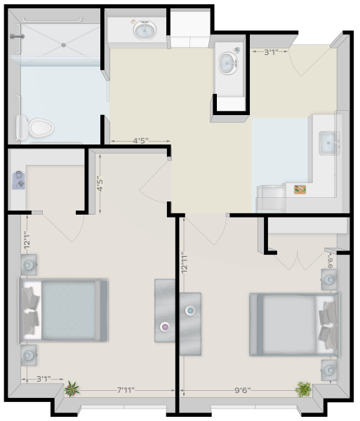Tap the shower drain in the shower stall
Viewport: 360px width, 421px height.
click(63, 45)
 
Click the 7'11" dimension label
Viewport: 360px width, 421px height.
click(126, 389)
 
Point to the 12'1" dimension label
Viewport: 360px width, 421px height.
click(27, 240)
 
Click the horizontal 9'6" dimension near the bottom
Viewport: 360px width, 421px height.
click(243, 390)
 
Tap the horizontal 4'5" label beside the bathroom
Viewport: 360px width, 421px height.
click(140, 140)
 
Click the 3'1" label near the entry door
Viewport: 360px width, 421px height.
click(271, 51)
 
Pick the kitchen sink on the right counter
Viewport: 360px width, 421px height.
click(329, 143)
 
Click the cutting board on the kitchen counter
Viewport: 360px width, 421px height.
click(300, 189)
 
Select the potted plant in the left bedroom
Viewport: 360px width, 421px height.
click(72, 389)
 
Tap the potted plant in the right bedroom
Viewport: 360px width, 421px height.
click(303, 389)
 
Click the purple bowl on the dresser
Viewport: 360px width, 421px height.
click(165, 327)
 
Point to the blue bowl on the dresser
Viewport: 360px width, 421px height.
click(190, 311)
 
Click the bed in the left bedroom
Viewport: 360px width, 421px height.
click(63, 310)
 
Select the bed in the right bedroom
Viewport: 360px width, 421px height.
click(294, 324)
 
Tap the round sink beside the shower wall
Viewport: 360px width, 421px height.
click(145, 30)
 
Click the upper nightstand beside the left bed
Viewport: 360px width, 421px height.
click(29, 265)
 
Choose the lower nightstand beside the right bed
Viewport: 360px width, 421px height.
click(329, 370)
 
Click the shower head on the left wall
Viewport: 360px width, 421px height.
click(17, 36)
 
